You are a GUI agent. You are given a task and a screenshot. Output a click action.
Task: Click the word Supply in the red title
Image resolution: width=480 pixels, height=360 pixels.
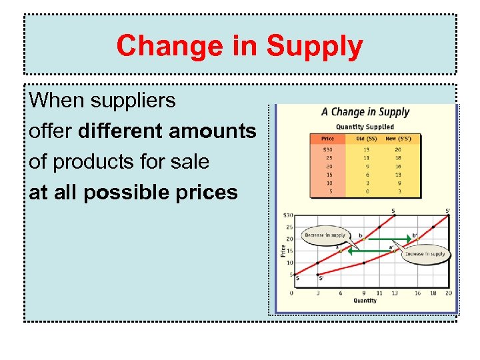point(315,46)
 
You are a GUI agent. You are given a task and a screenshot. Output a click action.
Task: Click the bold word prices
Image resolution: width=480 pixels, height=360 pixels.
point(203,193)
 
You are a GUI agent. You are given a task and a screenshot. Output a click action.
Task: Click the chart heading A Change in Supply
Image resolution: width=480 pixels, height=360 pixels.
point(365,112)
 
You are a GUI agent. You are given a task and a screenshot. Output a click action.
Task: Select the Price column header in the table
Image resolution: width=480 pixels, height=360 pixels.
point(328,139)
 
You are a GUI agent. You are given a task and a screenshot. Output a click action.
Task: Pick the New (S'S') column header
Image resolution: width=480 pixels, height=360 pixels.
point(398,139)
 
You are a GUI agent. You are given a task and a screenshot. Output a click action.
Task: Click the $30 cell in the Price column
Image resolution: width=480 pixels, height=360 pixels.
point(327,149)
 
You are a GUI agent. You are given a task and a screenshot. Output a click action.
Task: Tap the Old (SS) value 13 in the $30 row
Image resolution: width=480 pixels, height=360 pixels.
point(366,149)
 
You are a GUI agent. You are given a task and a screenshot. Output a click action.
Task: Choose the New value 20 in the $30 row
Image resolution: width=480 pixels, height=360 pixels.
point(397,149)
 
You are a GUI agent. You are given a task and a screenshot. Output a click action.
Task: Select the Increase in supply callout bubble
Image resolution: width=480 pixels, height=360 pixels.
point(426,254)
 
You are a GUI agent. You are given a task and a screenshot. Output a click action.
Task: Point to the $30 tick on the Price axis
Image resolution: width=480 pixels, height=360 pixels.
point(288,215)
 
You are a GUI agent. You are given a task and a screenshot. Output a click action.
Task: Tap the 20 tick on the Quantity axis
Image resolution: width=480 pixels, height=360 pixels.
point(448,293)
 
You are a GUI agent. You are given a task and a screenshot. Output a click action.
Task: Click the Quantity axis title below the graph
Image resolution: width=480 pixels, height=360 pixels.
point(365,301)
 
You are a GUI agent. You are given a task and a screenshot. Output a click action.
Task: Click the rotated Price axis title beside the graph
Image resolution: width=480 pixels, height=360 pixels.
point(283,251)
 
